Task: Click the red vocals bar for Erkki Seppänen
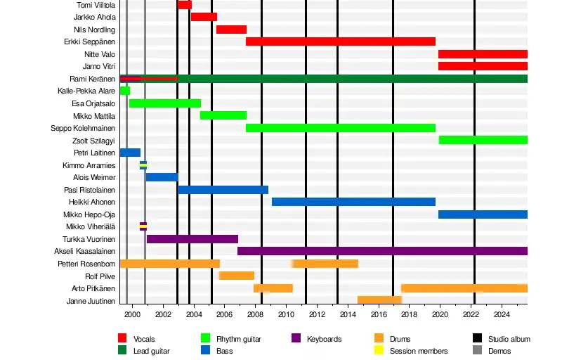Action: [x=341, y=41]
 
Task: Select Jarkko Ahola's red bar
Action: [x=204, y=17]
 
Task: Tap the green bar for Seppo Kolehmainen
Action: [x=341, y=128]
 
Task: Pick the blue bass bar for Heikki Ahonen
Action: [x=353, y=202]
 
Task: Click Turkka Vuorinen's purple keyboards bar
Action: [x=192, y=239]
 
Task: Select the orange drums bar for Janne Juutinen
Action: [x=379, y=300]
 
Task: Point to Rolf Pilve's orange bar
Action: [x=237, y=276]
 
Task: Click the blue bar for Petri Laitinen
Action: [x=130, y=153]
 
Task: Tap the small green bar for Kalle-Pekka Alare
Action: [x=125, y=91]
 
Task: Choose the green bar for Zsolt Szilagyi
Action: [x=483, y=140]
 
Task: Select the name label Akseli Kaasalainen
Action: [x=85, y=251]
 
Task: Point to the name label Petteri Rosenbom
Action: [x=86, y=264]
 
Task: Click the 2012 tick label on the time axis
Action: [x=317, y=314]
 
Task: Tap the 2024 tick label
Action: [x=502, y=314]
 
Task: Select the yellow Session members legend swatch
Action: [x=379, y=350]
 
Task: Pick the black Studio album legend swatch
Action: [x=476, y=339]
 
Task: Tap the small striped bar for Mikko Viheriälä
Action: [x=143, y=226]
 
